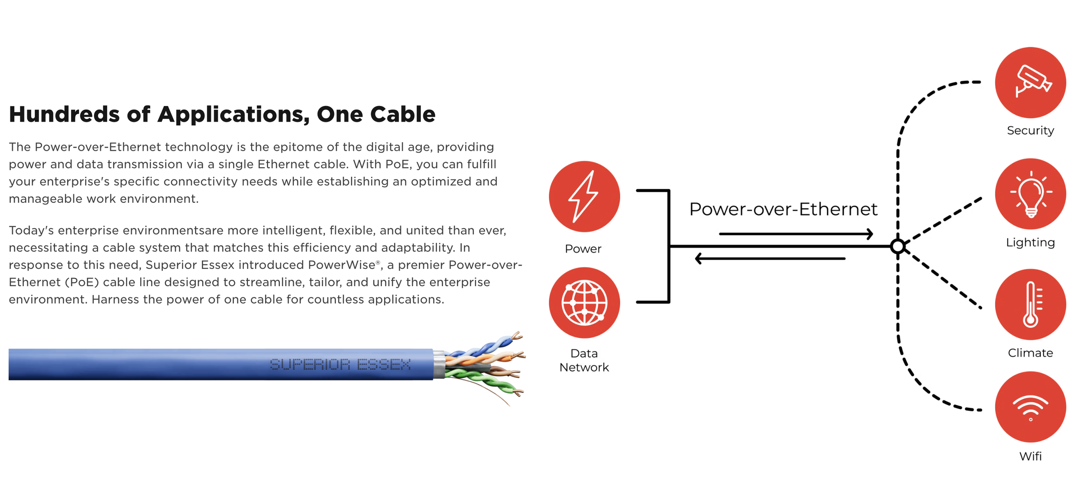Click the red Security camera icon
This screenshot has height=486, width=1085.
tap(1030, 83)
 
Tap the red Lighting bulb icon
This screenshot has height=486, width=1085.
tap(1030, 194)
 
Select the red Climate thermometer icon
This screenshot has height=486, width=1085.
tap(1030, 304)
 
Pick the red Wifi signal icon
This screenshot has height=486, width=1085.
tap(1030, 407)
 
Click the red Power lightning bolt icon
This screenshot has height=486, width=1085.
tap(584, 196)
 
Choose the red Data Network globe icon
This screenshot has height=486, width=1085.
tap(584, 303)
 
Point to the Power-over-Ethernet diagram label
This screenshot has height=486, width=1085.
tap(783, 209)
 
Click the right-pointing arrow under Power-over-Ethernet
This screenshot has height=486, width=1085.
tap(796, 234)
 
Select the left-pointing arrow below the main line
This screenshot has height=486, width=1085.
tap(770, 259)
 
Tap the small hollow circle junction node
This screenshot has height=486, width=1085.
tap(898, 247)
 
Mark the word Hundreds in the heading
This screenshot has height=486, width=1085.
tap(64, 114)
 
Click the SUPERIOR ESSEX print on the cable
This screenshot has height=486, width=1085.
tap(340, 364)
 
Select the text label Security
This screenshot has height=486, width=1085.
tap(1030, 131)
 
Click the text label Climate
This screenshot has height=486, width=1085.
tap(1030, 353)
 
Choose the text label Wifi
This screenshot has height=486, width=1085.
tap(1030, 456)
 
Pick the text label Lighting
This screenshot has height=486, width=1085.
tap(1030, 242)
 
